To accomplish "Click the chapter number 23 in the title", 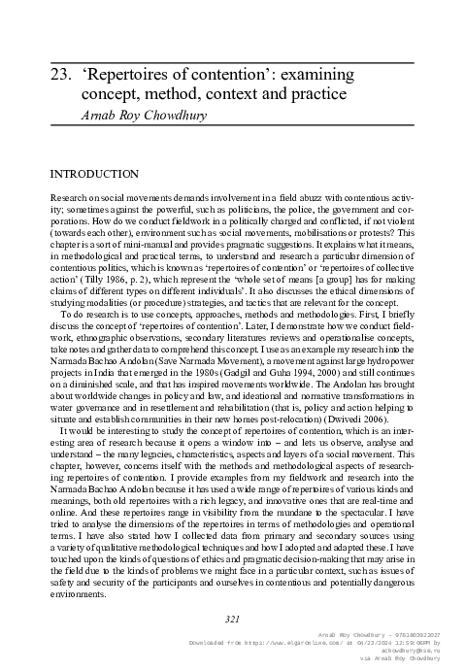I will pyautogui.click(x=59, y=74).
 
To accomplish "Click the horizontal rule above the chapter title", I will pyautogui.click(x=232, y=59).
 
